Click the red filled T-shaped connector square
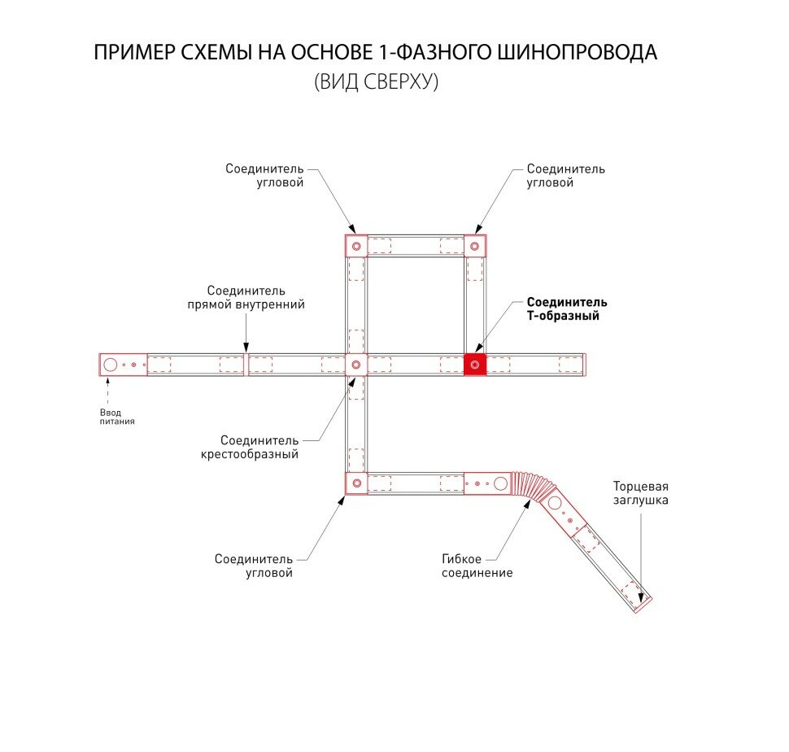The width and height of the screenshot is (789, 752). pos(475,364)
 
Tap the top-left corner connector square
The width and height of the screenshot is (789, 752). pos(355,245)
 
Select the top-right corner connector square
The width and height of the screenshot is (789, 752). pos(474,245)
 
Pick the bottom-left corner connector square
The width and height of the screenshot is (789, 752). pos(355,483)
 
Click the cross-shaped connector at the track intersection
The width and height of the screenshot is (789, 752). pos(355,364)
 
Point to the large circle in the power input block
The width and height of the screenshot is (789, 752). pos(111,364)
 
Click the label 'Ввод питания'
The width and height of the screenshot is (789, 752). pos(111,417)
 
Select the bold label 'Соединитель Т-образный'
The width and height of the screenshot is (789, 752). pos(566,309)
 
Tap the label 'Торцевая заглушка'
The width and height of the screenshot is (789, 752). pos(641,493)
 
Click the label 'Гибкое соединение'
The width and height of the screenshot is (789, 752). pos(477,566)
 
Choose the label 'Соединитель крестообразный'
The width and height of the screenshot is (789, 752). pos(250,447)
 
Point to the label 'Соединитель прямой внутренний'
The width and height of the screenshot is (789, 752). pos(246,298)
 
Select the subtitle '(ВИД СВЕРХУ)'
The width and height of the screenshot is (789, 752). pos(376,82)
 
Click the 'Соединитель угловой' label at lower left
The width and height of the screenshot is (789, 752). pos(253,566)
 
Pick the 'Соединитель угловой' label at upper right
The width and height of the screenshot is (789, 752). pos(565,176)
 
